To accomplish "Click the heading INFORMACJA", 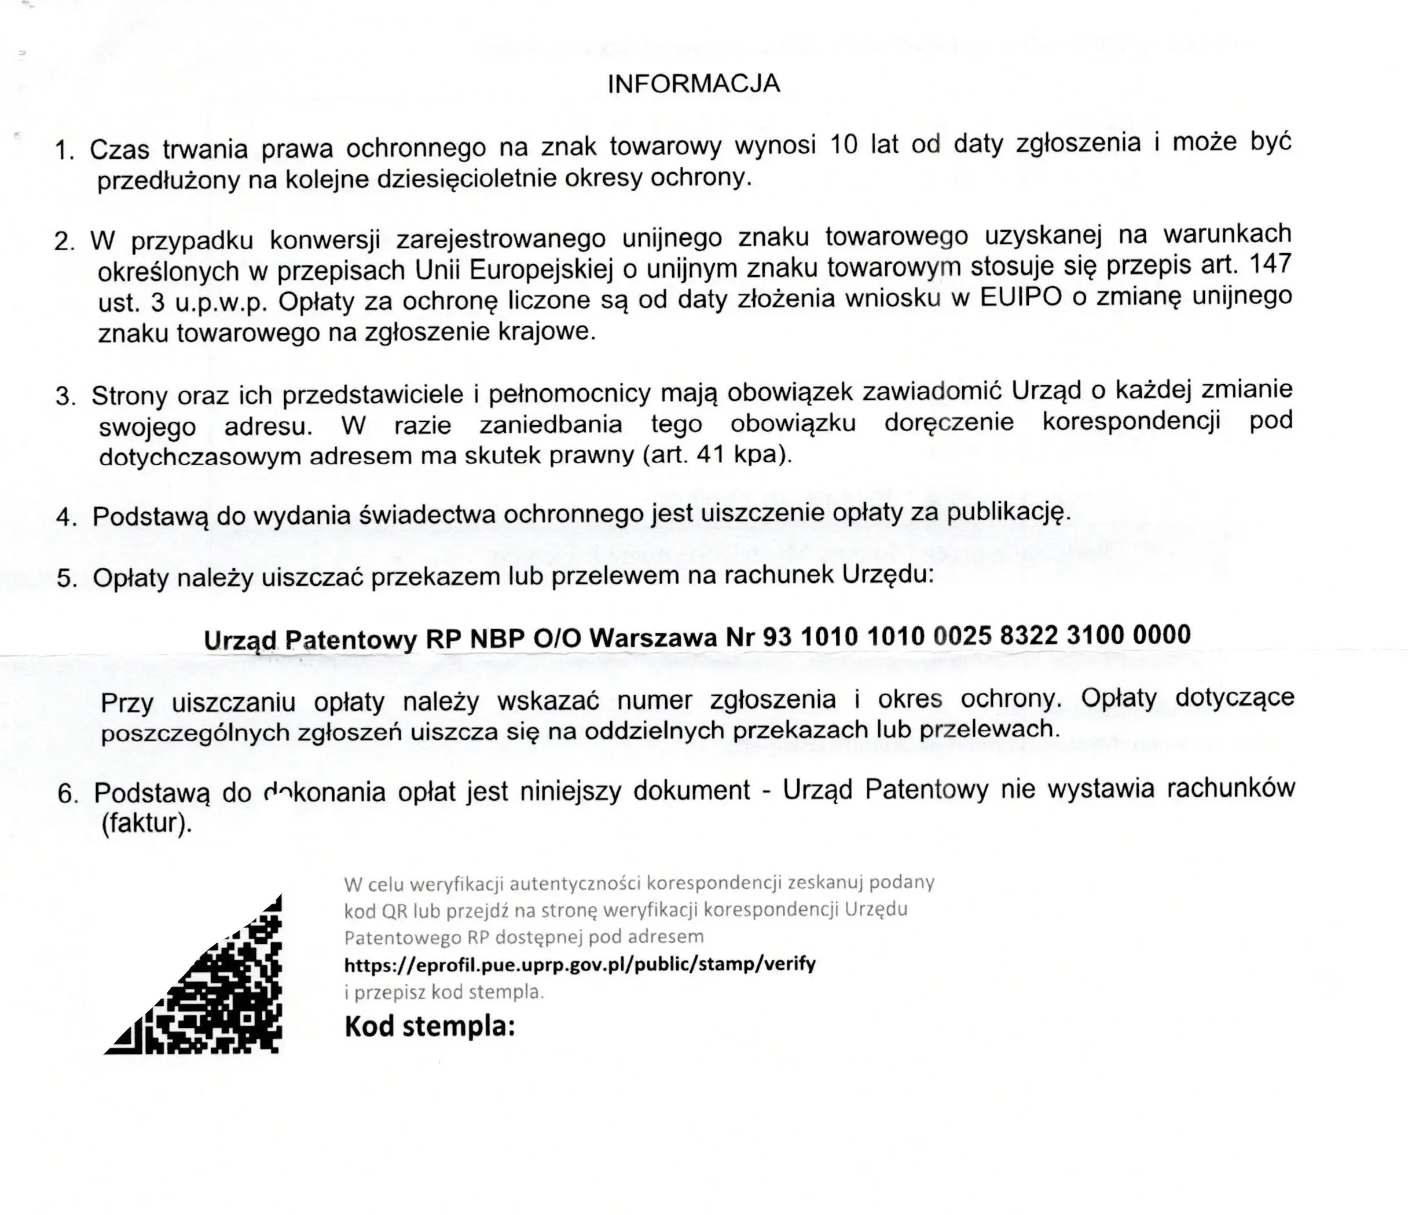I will pyautogui.click(x=693, y=83).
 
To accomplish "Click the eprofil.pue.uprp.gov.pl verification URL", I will pyautogui.click(x=580, y=964).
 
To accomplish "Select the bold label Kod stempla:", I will pyautogui.click(x=430, y=1026).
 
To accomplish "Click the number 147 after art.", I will pyautogui.click(x=1270, y=264).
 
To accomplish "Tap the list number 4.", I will pyautogui.click(x=67, y=517).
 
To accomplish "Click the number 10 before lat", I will pyautogui.click(x=844, y=145).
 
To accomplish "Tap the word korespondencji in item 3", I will pyautogui.click(x=1131, y=422).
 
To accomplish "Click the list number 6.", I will pyautogui.click(x=67, y=793).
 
